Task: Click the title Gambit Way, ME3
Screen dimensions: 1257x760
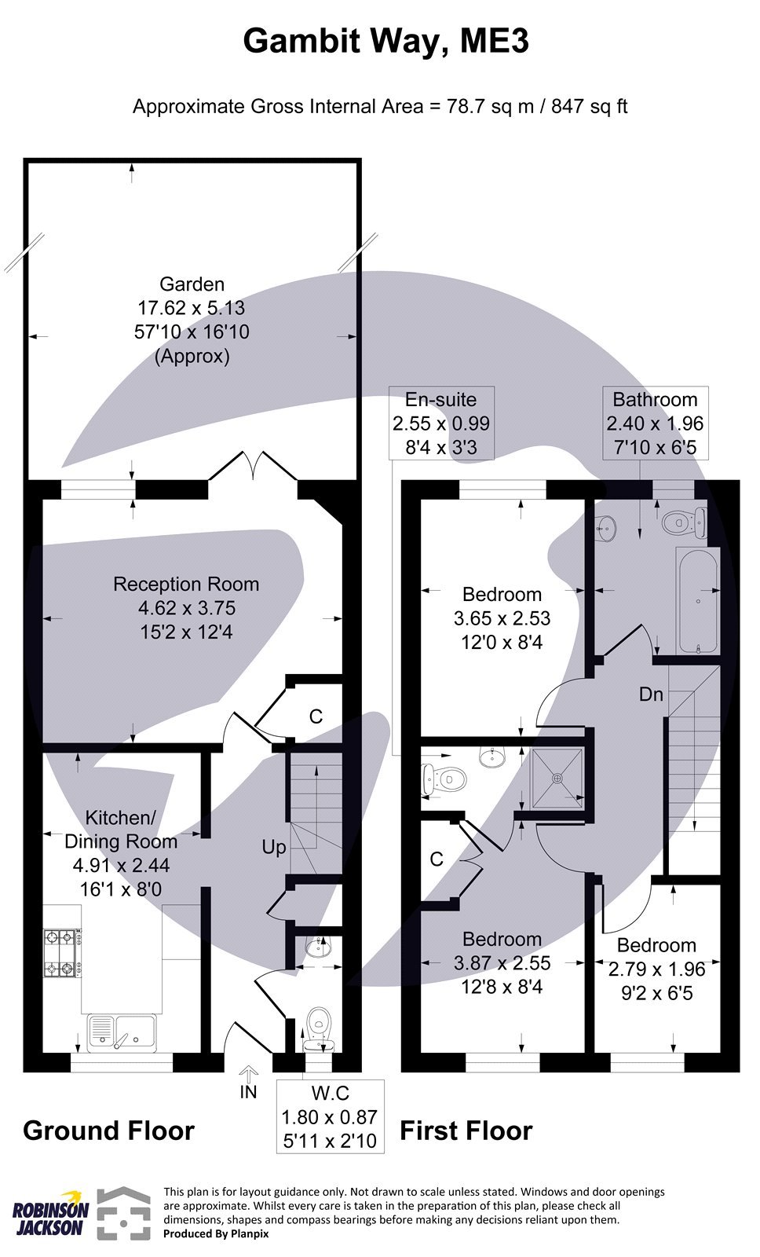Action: [x=385, y=41]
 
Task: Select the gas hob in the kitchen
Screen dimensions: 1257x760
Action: [x=62, y=955]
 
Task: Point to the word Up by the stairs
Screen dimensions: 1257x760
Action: [x=274, y=847]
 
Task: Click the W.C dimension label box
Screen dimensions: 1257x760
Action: [x=330, y=1116]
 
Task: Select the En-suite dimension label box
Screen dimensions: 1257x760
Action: [x=440, y=423]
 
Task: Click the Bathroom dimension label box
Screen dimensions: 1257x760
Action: [x=655, y=423]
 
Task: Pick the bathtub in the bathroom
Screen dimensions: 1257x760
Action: [x=697, y=602]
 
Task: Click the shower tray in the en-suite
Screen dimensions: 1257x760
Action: [x=557, y=778]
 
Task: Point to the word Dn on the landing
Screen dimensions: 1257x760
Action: [x=651, y=694]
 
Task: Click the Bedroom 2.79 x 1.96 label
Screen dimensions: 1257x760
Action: [x=656, y=969]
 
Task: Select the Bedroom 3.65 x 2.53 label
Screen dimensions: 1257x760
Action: [x=502, y=618]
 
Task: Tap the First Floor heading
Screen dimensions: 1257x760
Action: [x=466, y=1131]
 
